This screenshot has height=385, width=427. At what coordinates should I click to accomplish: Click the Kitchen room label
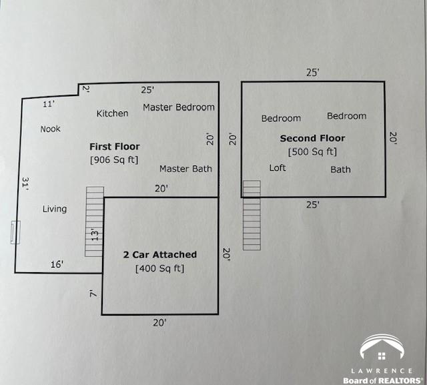(x=112, y=113)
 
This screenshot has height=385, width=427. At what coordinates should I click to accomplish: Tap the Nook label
(x=50, y=129)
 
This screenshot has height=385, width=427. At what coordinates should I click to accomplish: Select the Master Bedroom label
(x=179, y=107)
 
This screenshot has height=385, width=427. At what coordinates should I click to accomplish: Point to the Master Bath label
(x=185, y=169)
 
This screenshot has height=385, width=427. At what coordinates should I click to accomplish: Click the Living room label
(x=55, y=209)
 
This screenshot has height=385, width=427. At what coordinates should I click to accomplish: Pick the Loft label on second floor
(x=278, y=167)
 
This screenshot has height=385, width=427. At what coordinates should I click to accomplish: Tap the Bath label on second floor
(x=340, y=169)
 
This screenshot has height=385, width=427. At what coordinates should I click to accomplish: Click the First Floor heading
(x=115, y=146)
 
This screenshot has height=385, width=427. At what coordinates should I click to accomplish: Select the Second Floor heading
(x=312, y=138)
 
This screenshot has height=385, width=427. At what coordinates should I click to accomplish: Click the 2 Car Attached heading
(x=159, y=255)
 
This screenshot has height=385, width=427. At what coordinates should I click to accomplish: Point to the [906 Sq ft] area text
(x=114, y=160)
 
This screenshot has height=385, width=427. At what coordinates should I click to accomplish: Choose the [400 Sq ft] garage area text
(x=159, y=269)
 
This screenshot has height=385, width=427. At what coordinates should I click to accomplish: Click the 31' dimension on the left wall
(x=25, y=185)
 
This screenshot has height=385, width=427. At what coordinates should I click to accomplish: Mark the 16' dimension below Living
(x=57, y=265)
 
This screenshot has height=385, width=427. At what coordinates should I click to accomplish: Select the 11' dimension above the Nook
(x=49, y=104)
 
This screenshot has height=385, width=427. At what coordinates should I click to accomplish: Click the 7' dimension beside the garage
(x=93, y=293)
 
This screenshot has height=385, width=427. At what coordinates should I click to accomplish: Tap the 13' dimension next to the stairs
(x=94, y=235)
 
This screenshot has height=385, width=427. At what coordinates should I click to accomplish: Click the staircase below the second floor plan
(x=252, y=215)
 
